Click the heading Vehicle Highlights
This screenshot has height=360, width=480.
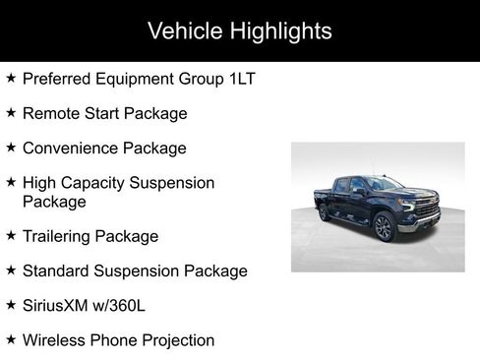click(239, 30)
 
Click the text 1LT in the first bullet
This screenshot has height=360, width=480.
click(241, 79)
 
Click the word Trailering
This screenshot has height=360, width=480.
click(60, 236)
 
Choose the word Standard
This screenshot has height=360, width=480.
click(58, 270)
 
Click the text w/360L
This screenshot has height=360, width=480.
click(122, 306)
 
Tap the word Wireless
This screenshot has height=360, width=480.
click(56, 340)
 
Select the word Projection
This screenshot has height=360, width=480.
click(176, 340)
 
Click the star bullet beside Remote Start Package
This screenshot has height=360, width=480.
click(11, 112)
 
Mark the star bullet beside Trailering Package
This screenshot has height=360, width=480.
click(11, 235)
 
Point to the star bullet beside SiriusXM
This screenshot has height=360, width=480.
click(11, 305)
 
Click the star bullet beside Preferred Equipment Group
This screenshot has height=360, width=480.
click(11, 78)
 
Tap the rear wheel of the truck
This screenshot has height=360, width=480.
click(323, 213)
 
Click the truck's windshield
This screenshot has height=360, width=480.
click(382, 184)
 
